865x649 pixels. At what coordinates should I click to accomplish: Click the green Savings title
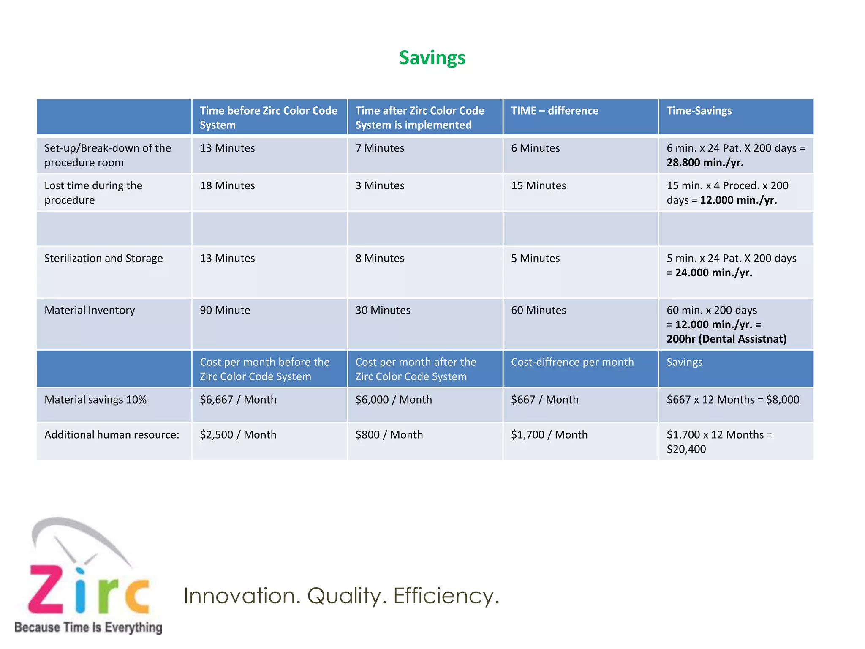(432, 58)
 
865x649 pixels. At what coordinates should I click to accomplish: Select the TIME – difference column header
(554, 111)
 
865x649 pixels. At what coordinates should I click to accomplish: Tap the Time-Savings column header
(699, 111)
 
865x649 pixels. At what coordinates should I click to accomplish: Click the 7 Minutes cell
(379, 148)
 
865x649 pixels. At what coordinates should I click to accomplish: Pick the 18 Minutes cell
(227, 186)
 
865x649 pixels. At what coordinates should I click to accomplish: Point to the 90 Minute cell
(225, 311)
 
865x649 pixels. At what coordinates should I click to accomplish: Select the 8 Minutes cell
(379, 259)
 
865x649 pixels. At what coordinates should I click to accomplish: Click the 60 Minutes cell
(538, 311)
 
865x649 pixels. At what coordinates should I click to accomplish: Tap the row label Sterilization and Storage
(103, 259)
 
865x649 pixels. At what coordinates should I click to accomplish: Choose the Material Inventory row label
(90, 311)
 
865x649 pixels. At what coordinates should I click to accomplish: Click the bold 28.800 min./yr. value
(705, 163)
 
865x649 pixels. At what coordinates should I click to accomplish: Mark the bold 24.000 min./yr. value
(713, 273)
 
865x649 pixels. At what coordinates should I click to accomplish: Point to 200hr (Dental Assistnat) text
(726, 339)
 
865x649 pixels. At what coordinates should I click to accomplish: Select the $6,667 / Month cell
(238, 400)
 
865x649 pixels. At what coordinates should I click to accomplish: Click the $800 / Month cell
(389, 435)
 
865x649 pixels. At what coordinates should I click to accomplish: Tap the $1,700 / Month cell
(549, 435)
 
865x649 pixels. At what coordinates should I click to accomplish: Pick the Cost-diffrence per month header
(572, 363)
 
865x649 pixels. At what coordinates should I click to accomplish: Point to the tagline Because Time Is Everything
(88, 627)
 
